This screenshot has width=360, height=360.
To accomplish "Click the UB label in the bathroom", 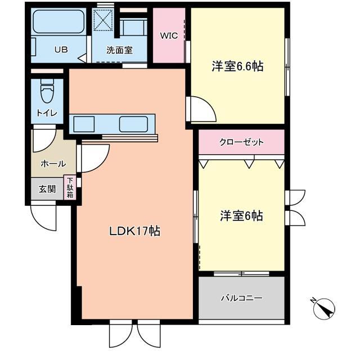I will pos(60,49).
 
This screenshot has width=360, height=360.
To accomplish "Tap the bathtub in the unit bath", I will pos(58,22).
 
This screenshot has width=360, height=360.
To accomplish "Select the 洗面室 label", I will pos(119,49).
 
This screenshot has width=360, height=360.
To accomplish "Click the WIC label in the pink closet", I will pos(169,36).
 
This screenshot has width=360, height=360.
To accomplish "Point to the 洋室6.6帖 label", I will pos(237,66).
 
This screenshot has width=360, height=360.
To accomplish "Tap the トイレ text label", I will pos(47,112).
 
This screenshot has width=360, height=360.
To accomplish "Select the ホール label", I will pos(53,164).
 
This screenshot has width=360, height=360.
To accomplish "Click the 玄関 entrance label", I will pos(47,189).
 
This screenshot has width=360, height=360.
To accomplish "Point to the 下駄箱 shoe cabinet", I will pos(71,188).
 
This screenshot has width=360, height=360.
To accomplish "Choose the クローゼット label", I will pos(241,142).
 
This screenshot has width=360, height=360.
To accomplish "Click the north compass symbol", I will pos(323,308).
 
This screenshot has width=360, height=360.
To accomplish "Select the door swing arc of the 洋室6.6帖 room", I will pos(201,109).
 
